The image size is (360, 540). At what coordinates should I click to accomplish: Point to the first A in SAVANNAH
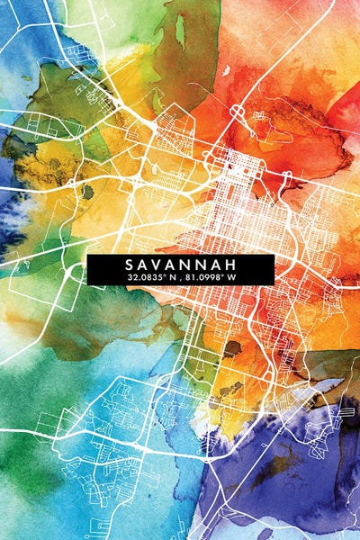point(147,265)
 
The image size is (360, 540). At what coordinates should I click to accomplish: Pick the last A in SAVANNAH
point(215,265)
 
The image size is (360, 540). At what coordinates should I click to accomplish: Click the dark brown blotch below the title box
point(232,348)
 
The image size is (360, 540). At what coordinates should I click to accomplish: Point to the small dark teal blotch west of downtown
point(87,191)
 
